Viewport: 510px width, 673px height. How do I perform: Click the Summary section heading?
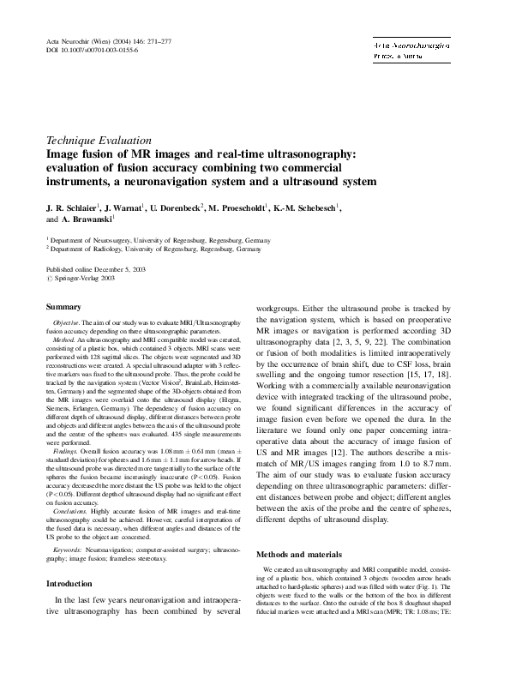coord(63,306)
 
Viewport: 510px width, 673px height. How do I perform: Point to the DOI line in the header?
coord(91,51)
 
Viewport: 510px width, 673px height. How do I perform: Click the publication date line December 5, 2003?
coord(96,269)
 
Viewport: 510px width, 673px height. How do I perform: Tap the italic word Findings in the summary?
coord(69,450)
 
